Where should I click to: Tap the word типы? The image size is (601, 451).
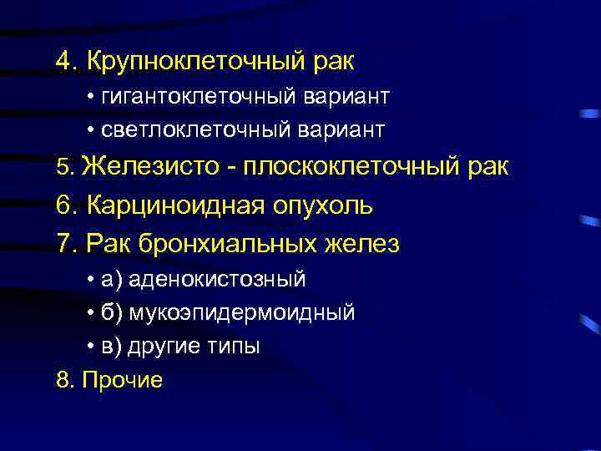click(235, 346)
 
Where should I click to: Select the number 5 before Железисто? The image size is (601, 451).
click(63, 167)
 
